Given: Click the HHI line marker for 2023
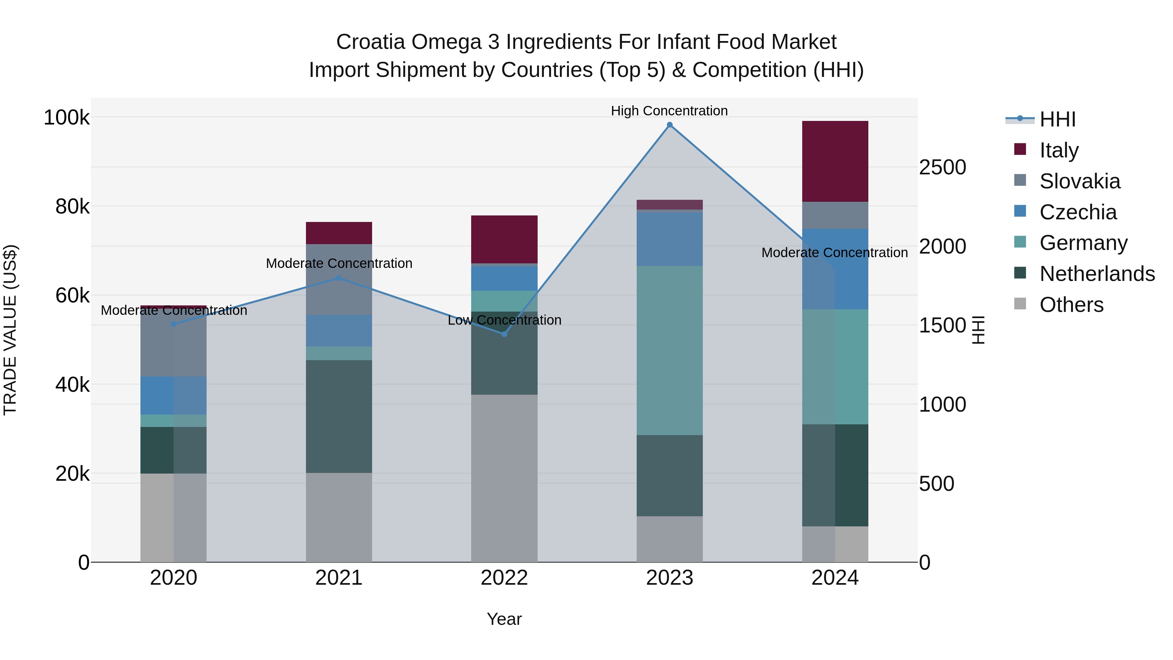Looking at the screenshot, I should click(669, 125).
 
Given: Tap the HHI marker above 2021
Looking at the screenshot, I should click(339, 278).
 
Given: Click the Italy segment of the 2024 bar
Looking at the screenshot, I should click(835, 161).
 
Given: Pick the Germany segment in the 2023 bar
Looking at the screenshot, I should click(669, 350).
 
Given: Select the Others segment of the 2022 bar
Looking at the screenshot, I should click(504, 478).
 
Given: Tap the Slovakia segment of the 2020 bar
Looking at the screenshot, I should click(173, 346).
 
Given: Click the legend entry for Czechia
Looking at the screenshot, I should click(1078, 212).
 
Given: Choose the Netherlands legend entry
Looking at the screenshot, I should click(1096, 274).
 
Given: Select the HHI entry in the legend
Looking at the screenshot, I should click(1057, 119).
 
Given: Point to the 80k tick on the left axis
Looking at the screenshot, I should click(72, 207).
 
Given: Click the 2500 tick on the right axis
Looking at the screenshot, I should click(942, 168).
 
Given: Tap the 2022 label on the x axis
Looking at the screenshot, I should click(504, 578).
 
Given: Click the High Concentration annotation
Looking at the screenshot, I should click(669, 111).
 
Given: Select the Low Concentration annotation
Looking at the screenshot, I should click(504, 320).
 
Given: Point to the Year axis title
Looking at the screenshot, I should click(504, 619).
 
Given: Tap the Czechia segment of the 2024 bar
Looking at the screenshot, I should click(835, 269).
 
